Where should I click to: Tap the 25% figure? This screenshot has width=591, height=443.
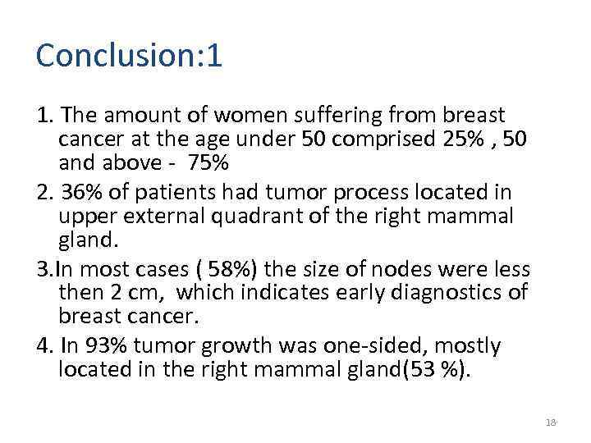(465, 139)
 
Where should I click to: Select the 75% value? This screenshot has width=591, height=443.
(208, 163)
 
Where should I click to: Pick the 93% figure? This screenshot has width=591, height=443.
(108, 345)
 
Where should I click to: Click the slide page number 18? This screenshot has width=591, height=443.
(550, 422)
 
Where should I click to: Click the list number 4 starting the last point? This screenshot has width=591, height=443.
(43, 345)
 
